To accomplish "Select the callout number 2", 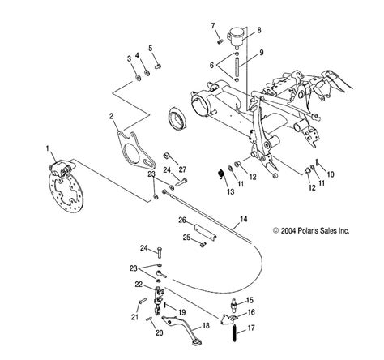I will (111, 116).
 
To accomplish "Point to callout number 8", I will (258, 30).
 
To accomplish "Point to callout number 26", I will (182, 219).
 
